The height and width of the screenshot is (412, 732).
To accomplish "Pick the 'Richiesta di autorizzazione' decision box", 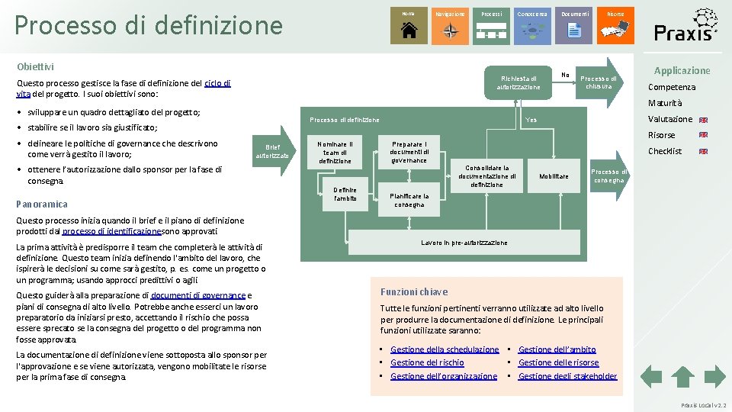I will point(518,82).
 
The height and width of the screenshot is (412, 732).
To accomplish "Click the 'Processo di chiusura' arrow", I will point(599,82).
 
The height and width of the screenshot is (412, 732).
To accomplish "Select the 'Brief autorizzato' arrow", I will point(272,151).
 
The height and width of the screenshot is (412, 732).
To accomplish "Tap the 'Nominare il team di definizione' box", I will point(335,152).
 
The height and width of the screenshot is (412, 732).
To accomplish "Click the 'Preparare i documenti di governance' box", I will point(409,151).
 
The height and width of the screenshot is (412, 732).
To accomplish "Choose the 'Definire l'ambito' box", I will point(345,194).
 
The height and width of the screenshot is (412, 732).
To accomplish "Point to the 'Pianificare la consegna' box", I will point(409,200).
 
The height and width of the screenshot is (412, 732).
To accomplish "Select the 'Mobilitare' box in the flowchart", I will point(554,176).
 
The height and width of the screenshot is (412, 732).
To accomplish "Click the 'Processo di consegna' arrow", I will point(608,176).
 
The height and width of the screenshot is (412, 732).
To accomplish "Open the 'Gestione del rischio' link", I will point(427,362).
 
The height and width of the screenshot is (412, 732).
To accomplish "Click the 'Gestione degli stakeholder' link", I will point(567,375).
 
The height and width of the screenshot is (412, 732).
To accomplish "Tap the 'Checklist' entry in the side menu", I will point(665,151).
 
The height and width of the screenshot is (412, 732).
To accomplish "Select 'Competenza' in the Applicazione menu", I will point(671,87).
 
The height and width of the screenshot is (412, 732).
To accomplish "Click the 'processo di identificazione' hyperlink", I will point(111,231).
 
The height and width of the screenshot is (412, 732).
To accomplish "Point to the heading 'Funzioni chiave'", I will point(414,291).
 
